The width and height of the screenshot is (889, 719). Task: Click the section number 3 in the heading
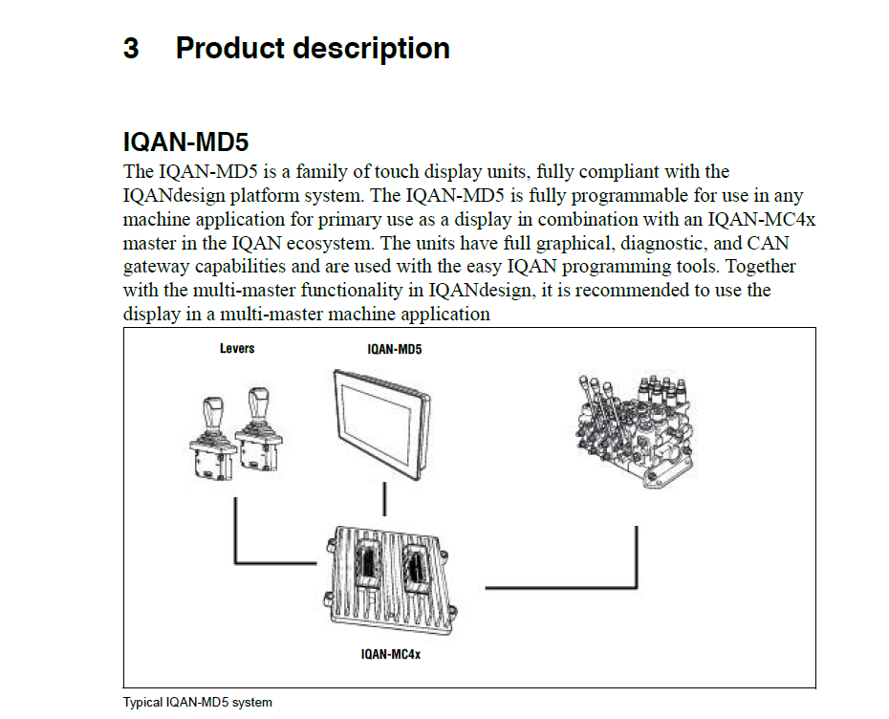(x=131, y=48)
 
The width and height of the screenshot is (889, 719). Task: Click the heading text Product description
(x=313, y=48)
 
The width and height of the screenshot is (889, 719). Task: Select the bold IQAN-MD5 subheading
(x=186, y=143)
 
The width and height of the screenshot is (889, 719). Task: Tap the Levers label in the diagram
(x=237, y=348)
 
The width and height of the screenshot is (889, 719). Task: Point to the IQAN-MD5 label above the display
(x=395, y=350)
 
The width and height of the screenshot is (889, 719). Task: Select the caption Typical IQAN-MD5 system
(x=198, y=703)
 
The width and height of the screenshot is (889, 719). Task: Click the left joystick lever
(x=213, y=435)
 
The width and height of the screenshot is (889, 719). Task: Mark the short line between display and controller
(x=384, y=499)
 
